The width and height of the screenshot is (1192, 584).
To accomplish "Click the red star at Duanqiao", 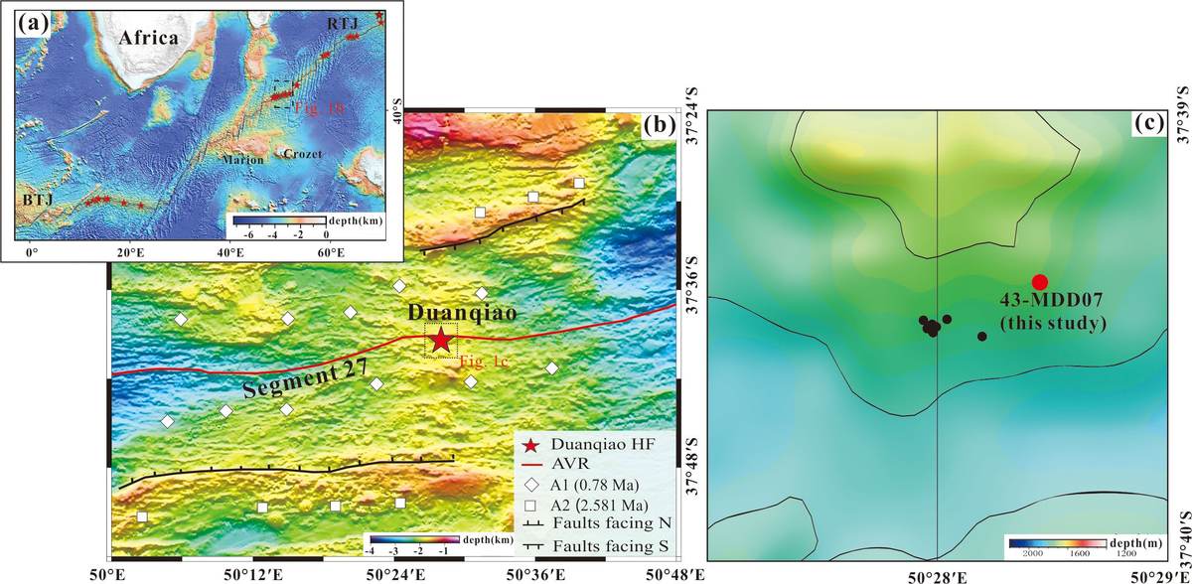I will point(439,341).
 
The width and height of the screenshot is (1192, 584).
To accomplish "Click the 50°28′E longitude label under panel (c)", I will point(938,574).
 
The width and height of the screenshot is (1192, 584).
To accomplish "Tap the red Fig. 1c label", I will point(485,362).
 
